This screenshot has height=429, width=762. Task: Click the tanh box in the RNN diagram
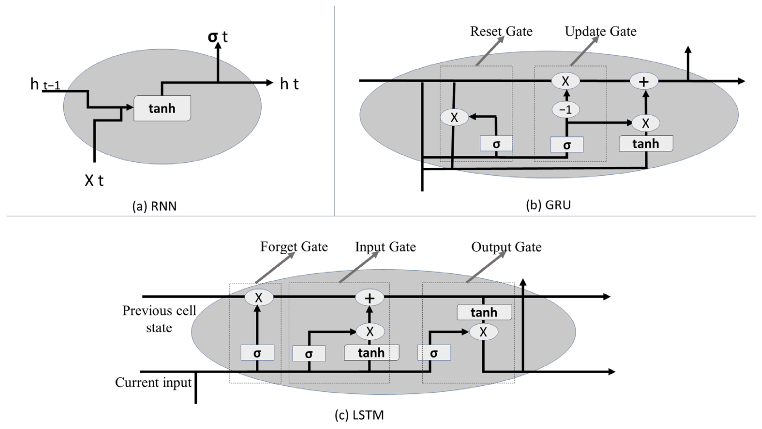(x=162, y=108)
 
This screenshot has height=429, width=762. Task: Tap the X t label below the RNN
(x=94, y=180)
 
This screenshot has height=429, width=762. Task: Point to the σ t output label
(x=218, y=37)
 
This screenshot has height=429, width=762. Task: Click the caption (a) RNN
(x=154, y=206)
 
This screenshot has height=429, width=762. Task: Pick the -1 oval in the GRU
(x=566, y=110)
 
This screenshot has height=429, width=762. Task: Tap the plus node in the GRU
(x=644, y=81)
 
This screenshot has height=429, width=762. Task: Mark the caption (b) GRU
(x=548, y=205)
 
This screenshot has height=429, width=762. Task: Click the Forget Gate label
(x=294, y=247)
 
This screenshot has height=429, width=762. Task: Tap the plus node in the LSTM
(x=369, y=298)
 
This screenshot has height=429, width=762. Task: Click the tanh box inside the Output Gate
(x=484, y=312)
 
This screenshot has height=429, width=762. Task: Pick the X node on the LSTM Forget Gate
(x=259, y=298)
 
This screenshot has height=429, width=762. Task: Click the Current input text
(x=153, y=382)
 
